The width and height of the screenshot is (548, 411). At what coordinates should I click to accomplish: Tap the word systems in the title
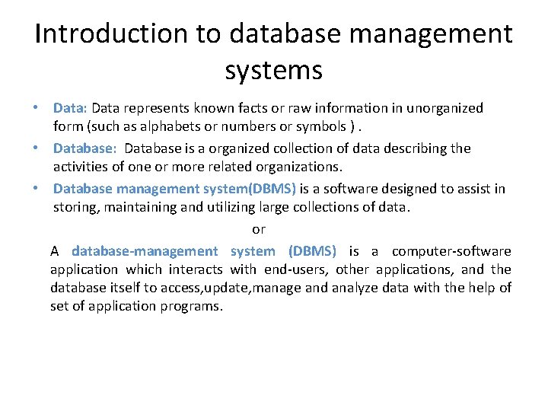(x=274, y=70)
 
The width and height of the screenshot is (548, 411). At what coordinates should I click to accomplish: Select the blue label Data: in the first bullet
(x=71, y=108)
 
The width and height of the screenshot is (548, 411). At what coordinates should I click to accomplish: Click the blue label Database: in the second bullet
(x=85, y=148)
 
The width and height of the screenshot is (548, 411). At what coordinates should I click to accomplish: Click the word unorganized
(x=444, y=108)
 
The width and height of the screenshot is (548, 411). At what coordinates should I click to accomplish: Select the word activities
(x=81, y=166)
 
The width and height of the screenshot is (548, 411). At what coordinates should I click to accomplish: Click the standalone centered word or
(x=259, y=228)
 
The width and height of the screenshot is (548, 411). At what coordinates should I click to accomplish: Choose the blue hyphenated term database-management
(x=145, y=251)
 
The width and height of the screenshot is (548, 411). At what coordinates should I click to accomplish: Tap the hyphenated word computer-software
(x=451, y=251)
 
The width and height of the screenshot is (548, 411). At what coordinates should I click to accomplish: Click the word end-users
(x=297, y=269)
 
